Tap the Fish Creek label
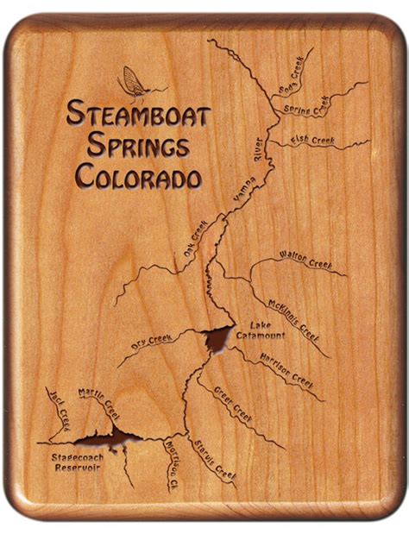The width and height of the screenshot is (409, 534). click(x=312, y=141)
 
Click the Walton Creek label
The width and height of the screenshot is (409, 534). click(x=305, y=259)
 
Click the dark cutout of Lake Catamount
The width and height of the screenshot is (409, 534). click(x=215, y=338)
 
